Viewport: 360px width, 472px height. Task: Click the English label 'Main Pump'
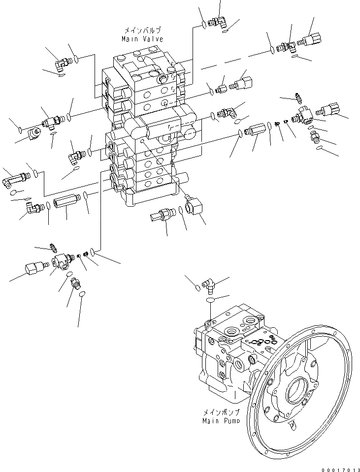(x=221, y=421)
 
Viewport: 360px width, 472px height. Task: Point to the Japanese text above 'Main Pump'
(x=221, y=413)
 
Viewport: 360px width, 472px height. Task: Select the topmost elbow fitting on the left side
(x=62, y=62)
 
